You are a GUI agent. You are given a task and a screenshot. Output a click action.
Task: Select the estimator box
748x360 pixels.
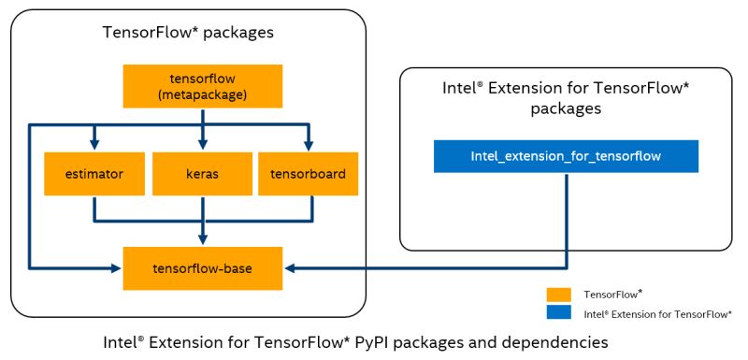coord(94,173)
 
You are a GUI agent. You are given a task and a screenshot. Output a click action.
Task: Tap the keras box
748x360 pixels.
coord(203,173)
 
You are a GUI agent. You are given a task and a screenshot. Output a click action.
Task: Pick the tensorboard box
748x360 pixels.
coord(308,173)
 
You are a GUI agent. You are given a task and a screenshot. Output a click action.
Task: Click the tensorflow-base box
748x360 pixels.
coord(203,268)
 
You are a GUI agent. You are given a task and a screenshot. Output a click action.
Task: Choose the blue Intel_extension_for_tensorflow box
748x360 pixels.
coord(566,156)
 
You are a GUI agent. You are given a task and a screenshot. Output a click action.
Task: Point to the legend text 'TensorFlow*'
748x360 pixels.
coord(612,294)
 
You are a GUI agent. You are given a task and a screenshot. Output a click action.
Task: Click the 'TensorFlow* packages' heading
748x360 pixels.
coord(187,34)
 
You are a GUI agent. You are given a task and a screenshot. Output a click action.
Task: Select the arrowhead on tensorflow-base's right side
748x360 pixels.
coord(290,268)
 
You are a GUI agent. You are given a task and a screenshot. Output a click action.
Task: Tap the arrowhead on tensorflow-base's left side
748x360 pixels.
coord(118,268)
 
